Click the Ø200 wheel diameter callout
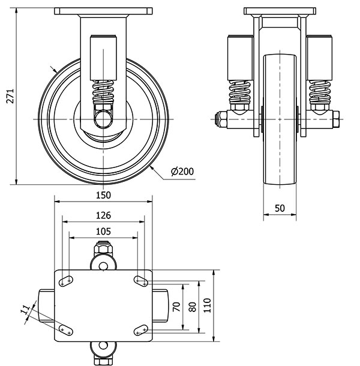(182, 172)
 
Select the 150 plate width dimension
(103, 195)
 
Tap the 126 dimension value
(103, 215)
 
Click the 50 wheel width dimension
(280, 208)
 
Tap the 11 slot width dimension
(25, 311)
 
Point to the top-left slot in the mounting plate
(65, 279)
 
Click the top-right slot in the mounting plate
(142, 279)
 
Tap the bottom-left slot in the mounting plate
(65, 329)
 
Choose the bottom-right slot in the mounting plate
(142, 329)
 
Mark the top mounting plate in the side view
(103, 11)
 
